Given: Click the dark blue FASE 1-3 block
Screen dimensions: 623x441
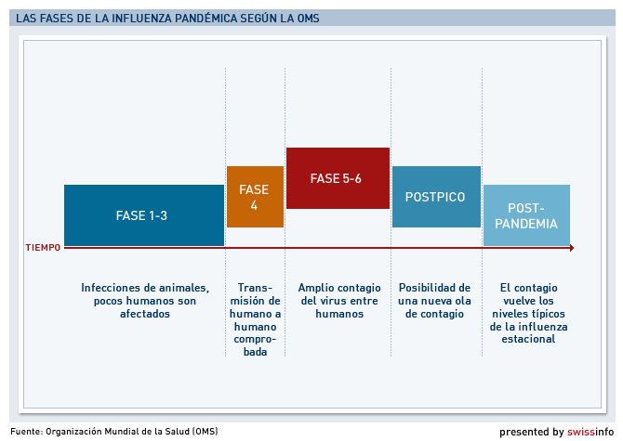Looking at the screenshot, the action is pyautogui.click(x=144, y=215).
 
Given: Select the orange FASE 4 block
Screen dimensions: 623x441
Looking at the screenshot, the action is pyautogui.click(x=255, y=197).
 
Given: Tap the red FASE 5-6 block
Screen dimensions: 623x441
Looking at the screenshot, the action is pyautogui.click(x=338, y=178).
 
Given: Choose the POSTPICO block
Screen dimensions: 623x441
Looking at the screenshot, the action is pyautogui.click(x=436, y=197).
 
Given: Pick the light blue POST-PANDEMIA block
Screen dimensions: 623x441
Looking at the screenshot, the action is pyautogui.click(x=526, y=215).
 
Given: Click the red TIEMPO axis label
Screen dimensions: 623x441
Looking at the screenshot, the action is pyautogui.click(x=43, y=248).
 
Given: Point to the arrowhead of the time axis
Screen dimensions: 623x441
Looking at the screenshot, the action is pyautogui.click(x=572, y=248).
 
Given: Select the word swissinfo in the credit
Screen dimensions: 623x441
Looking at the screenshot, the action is pyautogui.click(x=590, y=432).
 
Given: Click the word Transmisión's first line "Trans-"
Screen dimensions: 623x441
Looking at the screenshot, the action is pyautogui.click(x=255, y=288).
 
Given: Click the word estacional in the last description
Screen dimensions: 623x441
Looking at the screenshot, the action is pyautogui.click(x=528, y=339).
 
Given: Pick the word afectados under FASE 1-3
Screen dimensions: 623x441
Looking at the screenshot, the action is pyautogui.click(x=145, y=314).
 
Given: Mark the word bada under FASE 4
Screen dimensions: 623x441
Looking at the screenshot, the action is pyautogui.click(x=255, y=352).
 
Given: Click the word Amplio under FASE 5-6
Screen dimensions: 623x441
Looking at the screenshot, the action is pyautogui.click(x=315, y=288).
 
